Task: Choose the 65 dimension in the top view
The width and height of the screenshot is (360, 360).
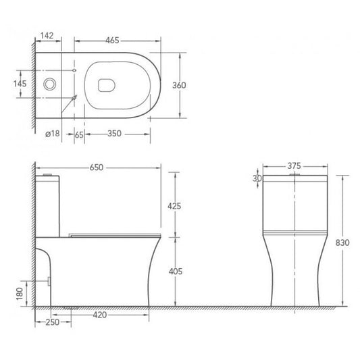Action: point(78,135)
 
